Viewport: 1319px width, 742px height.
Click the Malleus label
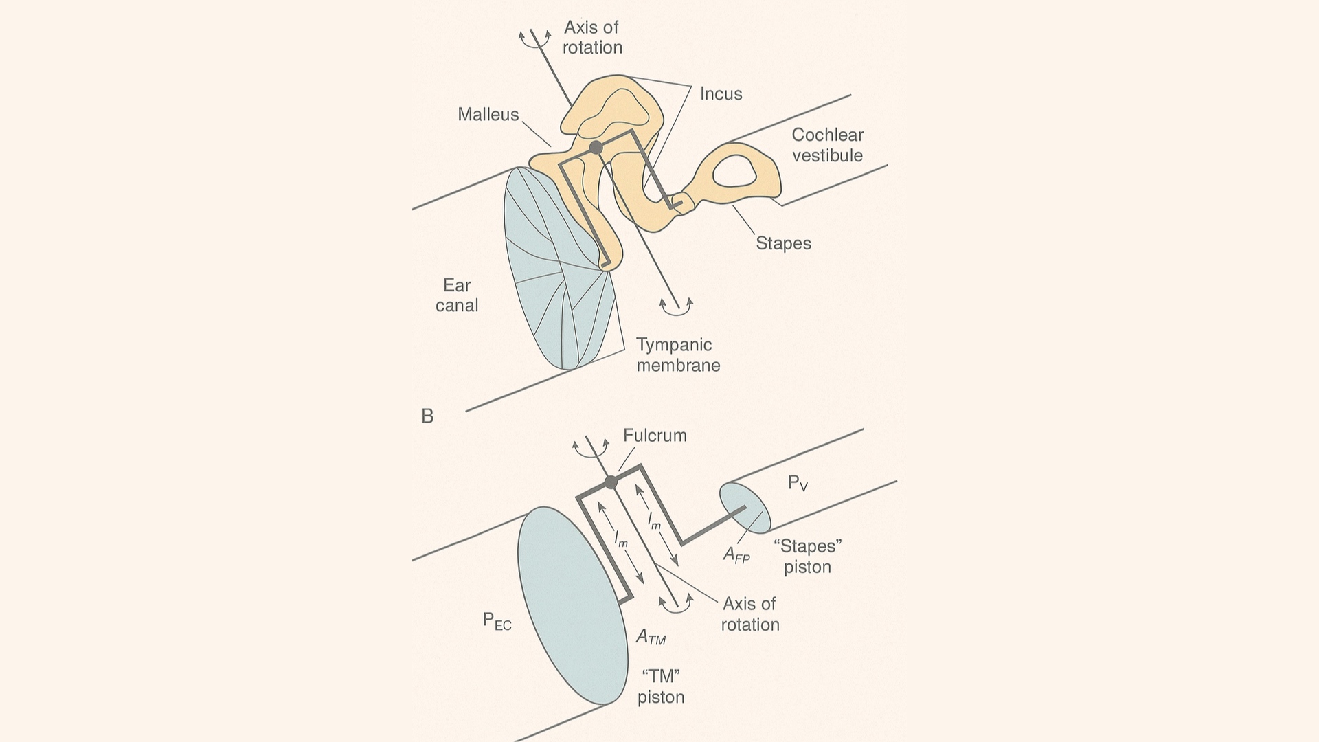[488, 114]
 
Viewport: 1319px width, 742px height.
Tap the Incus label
[721, 93]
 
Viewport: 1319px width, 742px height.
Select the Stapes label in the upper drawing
[783, 243]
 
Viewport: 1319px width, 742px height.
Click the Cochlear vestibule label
[827, 145]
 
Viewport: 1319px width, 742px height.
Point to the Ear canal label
[457, 295]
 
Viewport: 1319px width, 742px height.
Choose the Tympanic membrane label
[677, 355]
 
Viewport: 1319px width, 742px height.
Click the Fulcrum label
[655, 436]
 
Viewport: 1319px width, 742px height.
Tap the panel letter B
[427, 416]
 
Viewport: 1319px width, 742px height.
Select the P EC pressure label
[497, 622]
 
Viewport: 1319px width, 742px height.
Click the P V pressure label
[798, 484]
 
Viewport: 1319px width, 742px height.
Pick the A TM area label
[651, 638]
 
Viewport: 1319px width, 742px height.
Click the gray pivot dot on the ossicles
[596, 147]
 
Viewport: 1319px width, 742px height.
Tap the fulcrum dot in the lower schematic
[611, 482]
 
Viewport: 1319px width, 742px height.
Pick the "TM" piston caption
[661, 686]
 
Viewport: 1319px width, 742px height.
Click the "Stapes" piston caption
[808, 556]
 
